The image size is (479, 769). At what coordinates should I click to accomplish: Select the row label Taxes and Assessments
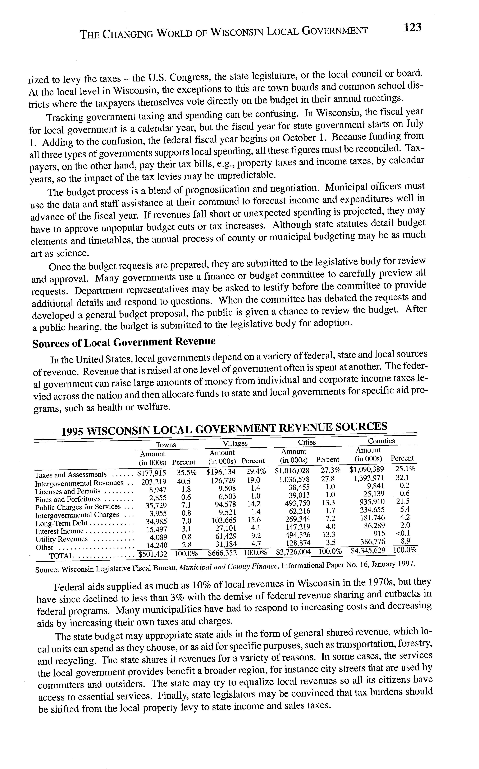[71, 475]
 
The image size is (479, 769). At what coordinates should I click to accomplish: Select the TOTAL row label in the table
[61, 556]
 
